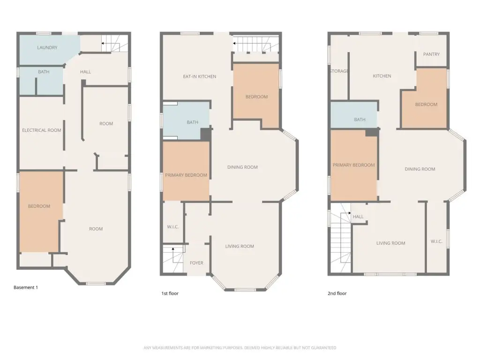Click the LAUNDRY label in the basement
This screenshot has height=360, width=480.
tap(47, 47)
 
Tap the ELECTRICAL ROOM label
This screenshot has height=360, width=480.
tap(42, 130)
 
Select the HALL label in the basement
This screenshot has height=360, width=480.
tap(85, 72)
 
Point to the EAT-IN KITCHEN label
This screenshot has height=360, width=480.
tap(200, 76)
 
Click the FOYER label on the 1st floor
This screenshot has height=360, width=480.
tap(196, 263)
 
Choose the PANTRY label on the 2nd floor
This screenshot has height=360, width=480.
tap(431, 54)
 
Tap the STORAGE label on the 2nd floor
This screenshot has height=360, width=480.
tap(339, 71)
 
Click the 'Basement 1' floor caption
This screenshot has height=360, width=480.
tap(26, 287)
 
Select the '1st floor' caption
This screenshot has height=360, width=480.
tap(170, 293)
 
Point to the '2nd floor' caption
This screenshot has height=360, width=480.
tap(337, 293)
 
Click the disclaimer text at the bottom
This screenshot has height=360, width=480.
tap(240, 348)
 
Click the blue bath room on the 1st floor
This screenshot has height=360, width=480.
tap(186, 121)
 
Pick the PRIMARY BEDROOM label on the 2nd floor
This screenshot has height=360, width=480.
tap(353, 165)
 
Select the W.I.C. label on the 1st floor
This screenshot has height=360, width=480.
tap(173, 227)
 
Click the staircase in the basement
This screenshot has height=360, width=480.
tap(115, 43)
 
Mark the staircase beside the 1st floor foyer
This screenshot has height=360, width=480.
tap(173, 258)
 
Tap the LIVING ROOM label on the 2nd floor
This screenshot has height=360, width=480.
tap(390, 243)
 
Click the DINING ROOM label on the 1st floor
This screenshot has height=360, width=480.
tap(242, 167)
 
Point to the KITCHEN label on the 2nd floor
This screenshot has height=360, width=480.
tap(382, 76)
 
